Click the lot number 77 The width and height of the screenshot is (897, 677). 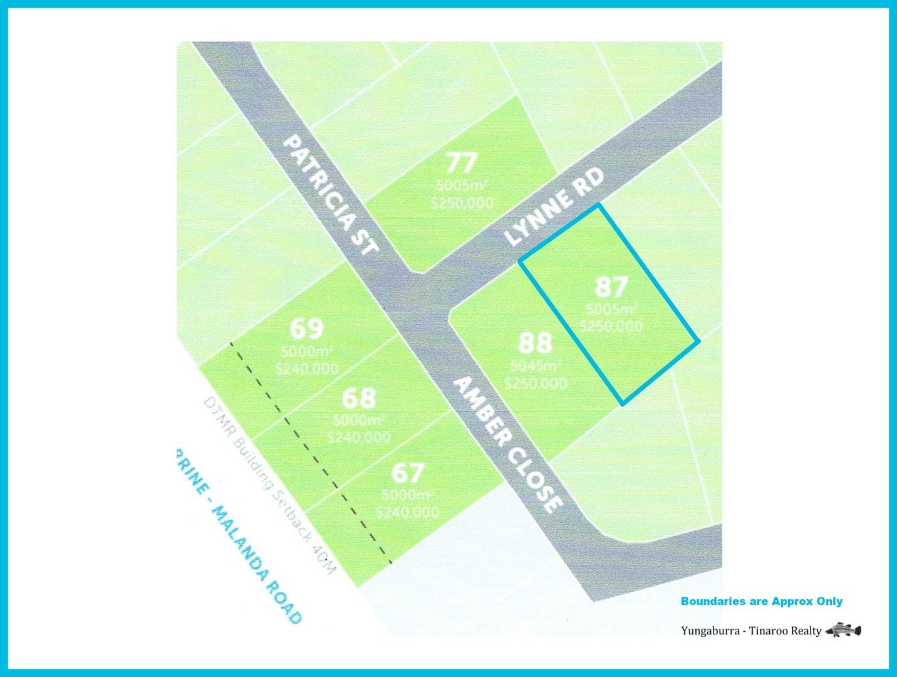tap(462, 163)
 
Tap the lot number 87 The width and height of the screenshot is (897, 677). tap(611, 287)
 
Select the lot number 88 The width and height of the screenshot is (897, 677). tap(536, 343)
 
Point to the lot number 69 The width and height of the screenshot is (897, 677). tap(307, 328)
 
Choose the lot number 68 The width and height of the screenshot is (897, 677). tap(359, 397)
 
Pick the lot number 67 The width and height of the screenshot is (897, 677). tap(408, 472)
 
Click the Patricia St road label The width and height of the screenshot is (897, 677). tap(330, 195)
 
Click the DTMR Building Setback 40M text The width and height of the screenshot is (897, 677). tap(270, 485)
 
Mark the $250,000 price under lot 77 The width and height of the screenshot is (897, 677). tap(462, 202)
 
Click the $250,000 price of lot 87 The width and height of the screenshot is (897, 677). tap(611, 326)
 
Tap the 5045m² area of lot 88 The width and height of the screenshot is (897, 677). tap(536, 366)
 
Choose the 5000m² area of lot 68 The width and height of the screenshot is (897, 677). tap(359, 421)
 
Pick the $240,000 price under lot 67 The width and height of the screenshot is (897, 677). tap(408, 512)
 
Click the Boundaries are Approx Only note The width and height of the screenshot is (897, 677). tap(761, 601)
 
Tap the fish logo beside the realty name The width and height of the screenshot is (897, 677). tap(843, 630)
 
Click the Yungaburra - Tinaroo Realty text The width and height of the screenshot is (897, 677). tap(750, 631)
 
